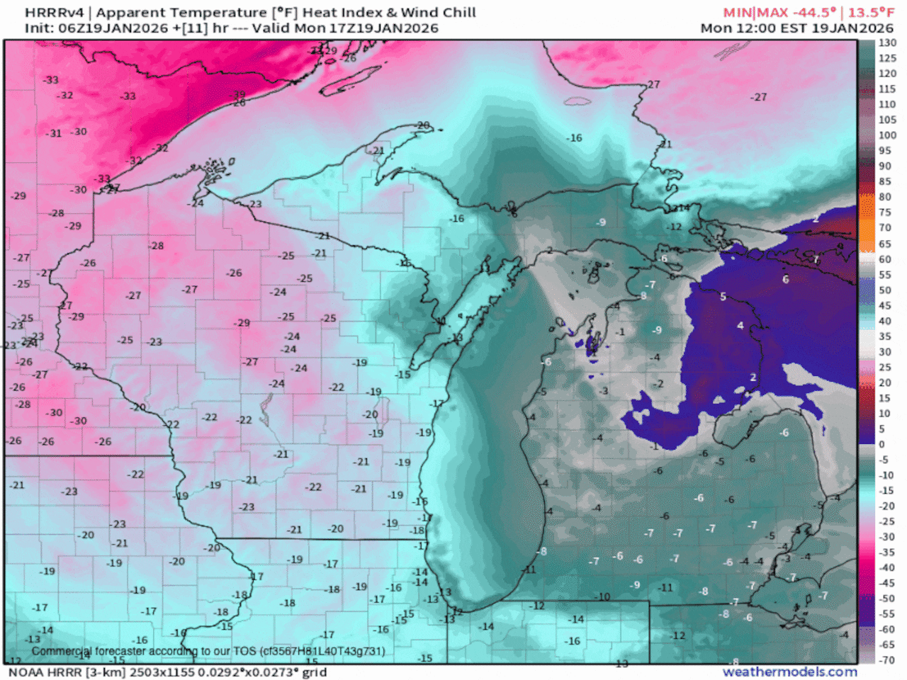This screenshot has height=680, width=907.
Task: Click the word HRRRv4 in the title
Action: coord(54,13)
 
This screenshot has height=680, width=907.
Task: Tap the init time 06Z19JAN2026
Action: coord(111,28)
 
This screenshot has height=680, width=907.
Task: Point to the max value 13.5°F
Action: coord(871,13)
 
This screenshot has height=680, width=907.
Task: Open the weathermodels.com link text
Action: coord(789,671)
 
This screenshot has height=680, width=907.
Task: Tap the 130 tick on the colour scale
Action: coord(887,42)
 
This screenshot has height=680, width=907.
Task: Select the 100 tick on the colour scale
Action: coord(887,135)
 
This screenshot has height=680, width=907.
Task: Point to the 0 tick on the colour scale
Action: coord(882,444)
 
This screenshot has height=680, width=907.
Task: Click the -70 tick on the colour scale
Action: coord(886,660)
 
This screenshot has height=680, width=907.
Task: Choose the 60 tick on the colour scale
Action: coord(885,259)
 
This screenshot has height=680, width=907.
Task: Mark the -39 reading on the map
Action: coord(239,94)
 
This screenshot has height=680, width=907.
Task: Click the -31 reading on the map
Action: coord(54,133)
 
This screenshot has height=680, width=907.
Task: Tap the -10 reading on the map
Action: coord(602,596)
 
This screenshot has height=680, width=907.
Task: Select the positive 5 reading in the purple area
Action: coord(723,296)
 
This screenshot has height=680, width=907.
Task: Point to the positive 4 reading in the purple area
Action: coord(740,325)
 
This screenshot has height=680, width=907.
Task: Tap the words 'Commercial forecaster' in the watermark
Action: coord(89,651)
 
